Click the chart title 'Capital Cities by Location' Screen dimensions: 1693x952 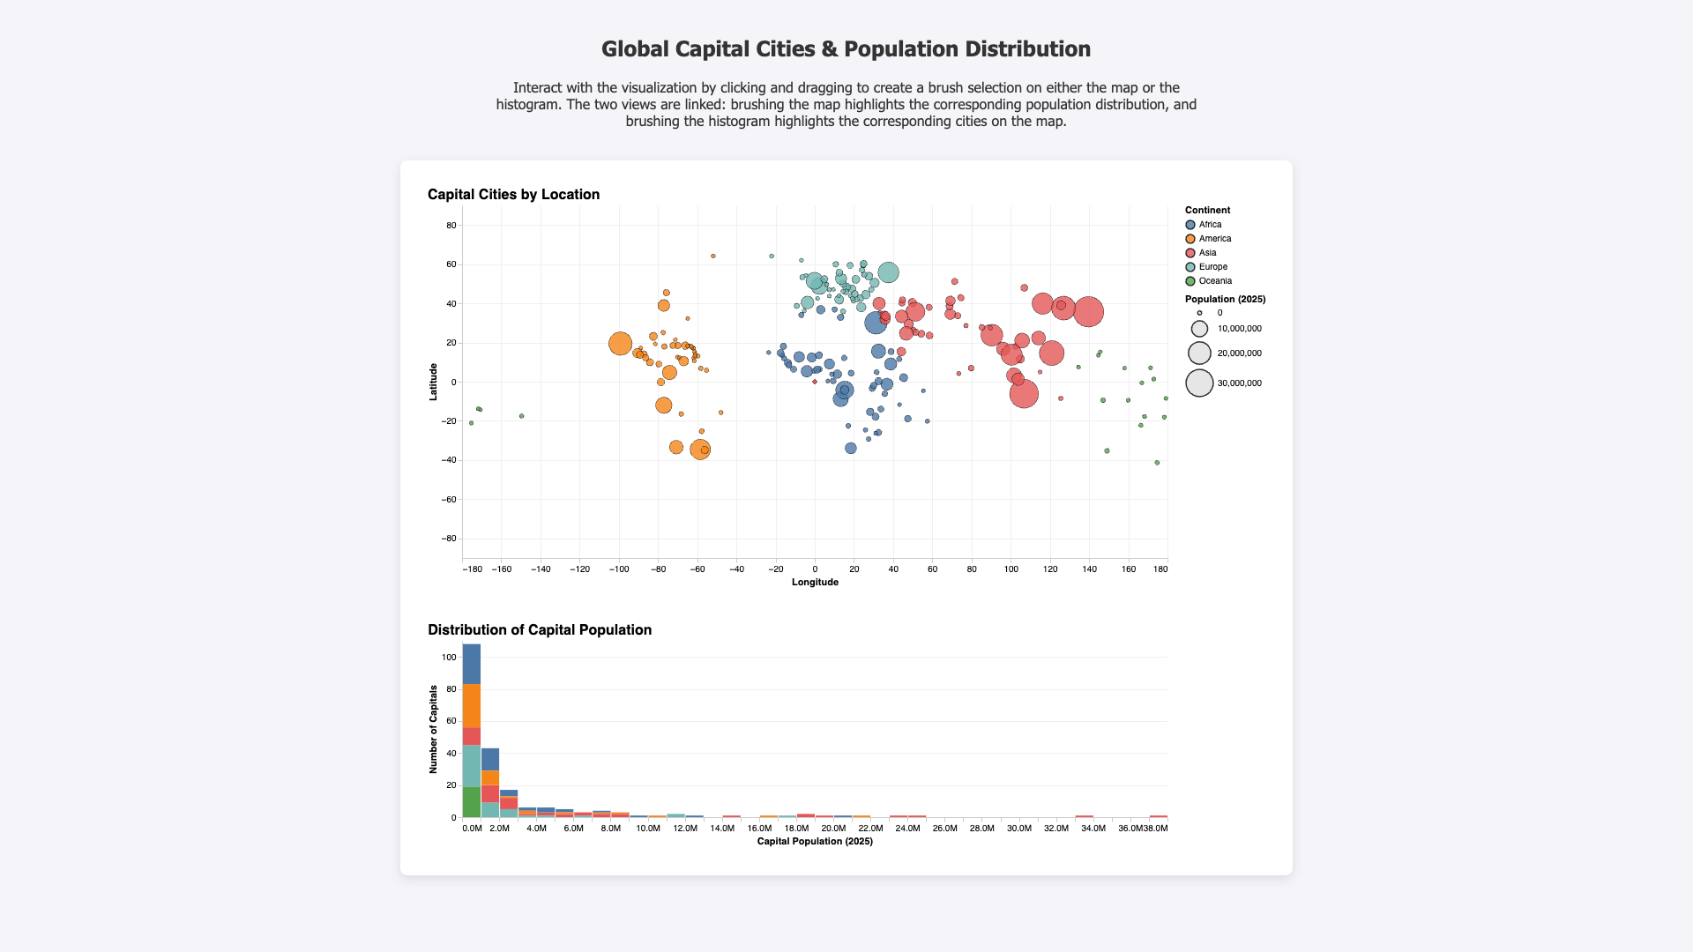(513, 195)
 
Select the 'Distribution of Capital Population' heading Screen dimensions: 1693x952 (540, 630)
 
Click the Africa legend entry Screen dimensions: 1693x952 (1203, 225)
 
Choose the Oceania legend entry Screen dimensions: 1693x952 (1208, 281)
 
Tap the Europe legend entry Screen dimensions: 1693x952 (1205, 267)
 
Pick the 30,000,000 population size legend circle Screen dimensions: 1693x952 (1199, 383)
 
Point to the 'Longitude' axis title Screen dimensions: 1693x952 (815, 582)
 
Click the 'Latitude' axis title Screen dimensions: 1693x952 (433, 382)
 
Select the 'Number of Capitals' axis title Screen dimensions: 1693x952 (433, 730)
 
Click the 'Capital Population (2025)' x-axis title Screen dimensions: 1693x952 (815, 842)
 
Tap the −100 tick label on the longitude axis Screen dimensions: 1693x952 (618, 569)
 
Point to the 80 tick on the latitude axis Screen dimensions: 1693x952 (451, 226)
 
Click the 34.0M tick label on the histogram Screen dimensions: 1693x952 (1093, 829)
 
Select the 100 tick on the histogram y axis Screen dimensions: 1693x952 (448, 658)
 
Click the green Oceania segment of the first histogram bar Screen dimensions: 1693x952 (472, 802)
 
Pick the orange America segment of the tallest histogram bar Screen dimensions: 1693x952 (472, 706)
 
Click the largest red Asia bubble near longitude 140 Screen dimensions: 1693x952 (1089, 312)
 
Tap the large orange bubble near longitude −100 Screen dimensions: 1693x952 (620, 344)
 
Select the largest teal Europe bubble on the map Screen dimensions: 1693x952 (888, 273)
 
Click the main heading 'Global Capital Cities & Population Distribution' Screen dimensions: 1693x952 (846, 49)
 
